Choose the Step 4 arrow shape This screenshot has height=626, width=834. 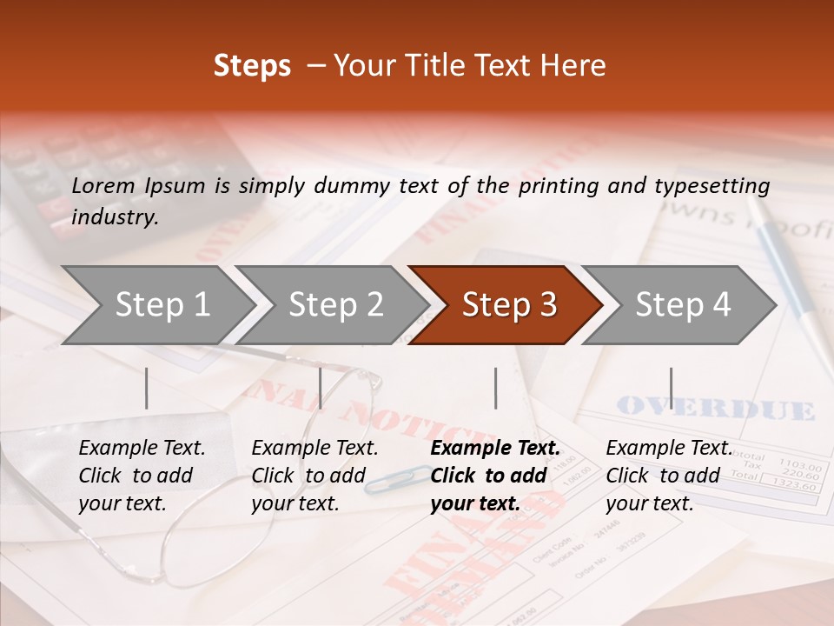click(x=681, y=305)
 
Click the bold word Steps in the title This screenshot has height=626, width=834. click(x=252, y=66)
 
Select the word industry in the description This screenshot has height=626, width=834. click(x=115, y=217)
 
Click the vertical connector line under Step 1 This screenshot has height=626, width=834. click(x=147, y=388)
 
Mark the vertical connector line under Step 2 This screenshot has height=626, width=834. click(x=321, y=388)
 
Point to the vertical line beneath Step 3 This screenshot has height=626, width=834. click(x=495, y=388)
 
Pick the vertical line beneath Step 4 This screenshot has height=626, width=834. click(x=671, y=388)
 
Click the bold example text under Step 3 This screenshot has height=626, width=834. click(x=494, y=476)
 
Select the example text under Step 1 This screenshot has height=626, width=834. click(x=142, y=476)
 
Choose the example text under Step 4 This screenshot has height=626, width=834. click(x=668, y=476)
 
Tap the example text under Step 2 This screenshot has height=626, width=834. click(x=314, y=476)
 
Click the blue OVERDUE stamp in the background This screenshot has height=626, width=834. click(x=715, y=408)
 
